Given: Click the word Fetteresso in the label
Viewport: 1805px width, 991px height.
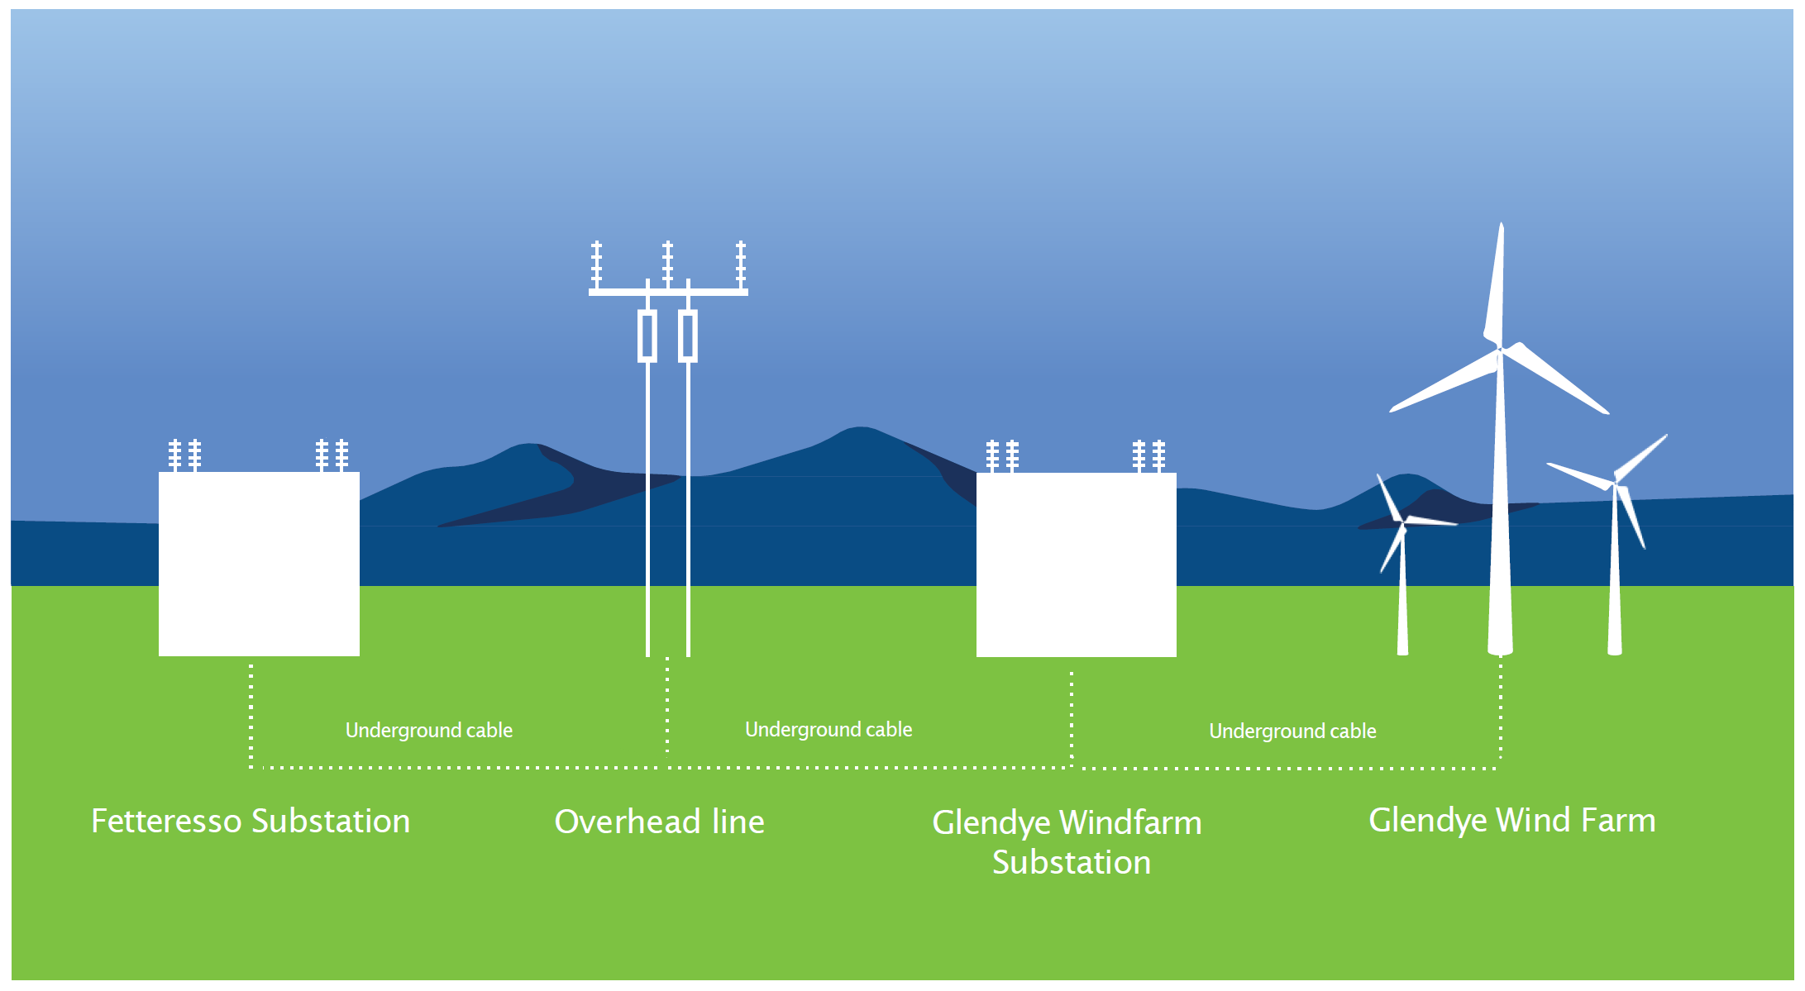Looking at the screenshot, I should coord(166,821).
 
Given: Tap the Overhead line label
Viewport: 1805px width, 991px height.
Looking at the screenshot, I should coord(659,822).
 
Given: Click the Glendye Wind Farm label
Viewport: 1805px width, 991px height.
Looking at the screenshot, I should coord(1511,820).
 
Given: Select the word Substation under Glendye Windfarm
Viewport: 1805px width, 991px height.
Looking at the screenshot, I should coord(1071,862).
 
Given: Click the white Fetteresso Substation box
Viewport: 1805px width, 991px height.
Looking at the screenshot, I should coord(259,564).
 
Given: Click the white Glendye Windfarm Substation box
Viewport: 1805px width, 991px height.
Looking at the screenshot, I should coord(1076,565).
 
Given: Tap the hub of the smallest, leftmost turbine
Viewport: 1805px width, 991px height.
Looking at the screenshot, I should coord(1402,522).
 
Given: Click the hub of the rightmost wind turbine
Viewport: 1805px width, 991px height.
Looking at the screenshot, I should coord(1616,483).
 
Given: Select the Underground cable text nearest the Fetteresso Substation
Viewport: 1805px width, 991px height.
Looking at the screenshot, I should coord(428,731).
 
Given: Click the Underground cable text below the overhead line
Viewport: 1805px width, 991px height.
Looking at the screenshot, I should coord(828,730).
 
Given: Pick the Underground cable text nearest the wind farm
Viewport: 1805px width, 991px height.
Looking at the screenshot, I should coord(1292,731).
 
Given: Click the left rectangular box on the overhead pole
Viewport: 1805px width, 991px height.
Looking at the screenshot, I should coord(647,336).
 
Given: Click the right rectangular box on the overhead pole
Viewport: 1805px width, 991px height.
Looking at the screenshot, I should coord(688,336).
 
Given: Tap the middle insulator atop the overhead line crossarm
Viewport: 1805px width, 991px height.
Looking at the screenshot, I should coord(667,264).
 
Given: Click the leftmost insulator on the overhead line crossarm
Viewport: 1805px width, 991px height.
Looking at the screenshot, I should coord(596,264).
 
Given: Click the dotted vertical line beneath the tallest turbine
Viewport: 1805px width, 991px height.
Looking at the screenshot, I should coord(1501,711).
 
